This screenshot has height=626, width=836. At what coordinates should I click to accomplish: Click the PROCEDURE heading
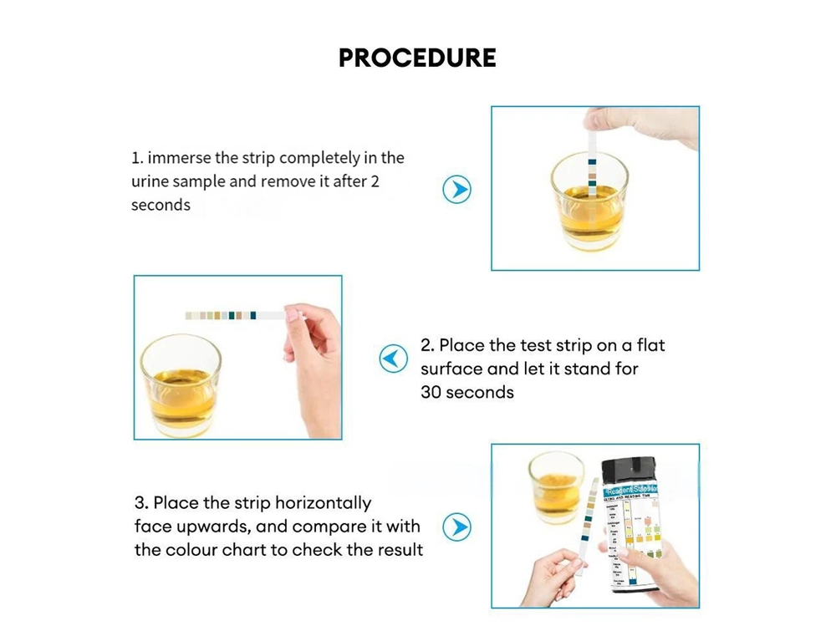pyautogui.click(x=417, y=58)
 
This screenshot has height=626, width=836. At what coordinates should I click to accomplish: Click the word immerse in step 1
pyautogui.click(x=177, y=158)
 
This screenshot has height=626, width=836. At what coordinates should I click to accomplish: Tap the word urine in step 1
pyautogui.click(x=150, y=181)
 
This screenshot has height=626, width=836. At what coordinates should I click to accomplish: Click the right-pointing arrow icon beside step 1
pyautogui.click(x=456, y=189)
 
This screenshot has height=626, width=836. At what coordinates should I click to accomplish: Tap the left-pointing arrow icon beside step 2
pyautogui.click(x=393, y=359)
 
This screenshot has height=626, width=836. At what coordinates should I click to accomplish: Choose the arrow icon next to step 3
pyautogui.click(x=456, y=527)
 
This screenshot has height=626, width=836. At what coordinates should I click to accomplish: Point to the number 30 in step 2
pyautogui.click(x=432, y=392)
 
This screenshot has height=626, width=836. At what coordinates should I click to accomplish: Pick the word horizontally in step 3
pyautogui.click(x=323, y=503)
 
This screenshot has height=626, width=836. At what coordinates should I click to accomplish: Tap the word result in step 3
pyautogui.click(x=400, y=550)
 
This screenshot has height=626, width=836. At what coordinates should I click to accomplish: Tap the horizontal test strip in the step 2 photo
pyautogui.click(x=234, y=315)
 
